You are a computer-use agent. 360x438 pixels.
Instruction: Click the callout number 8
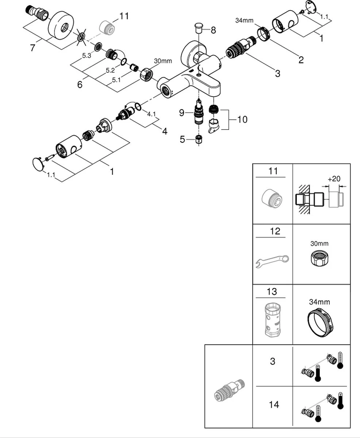pyautogui.click(x=213, y=30)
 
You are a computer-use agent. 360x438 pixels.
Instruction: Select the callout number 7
pyautogui.click(x=33, y=47)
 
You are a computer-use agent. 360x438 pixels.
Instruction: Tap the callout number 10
pyautogui.click(x=242, y=119)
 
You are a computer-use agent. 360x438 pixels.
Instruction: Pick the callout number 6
pyautogui.click(x=80, y=84)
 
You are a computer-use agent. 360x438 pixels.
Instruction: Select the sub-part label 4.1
pyautogui.click(x=151, y=114)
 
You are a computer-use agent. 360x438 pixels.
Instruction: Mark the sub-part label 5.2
pyautogui.click(x=110, y=70)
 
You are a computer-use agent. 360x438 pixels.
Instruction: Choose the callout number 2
pyautogui.click(x=300, y=59)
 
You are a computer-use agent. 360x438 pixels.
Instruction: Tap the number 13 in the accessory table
pyautogui.click(x=272, y=292)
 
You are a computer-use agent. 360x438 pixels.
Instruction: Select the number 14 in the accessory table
pyautogui.click(x=273, y=404)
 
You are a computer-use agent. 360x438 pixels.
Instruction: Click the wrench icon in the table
pyautogui.click(x=272, y=261)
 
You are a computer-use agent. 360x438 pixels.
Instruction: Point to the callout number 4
pyautogui.click(x=165, y=131)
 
